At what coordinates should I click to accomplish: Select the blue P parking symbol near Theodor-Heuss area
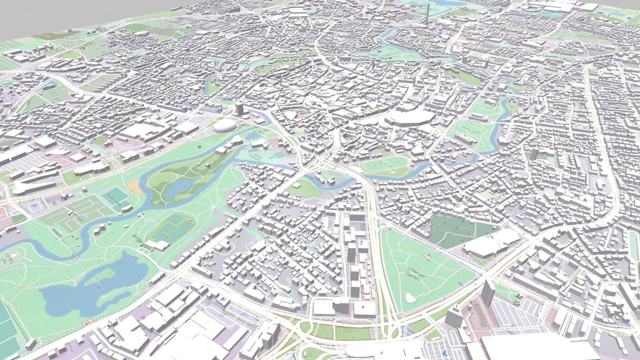(33, 207)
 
